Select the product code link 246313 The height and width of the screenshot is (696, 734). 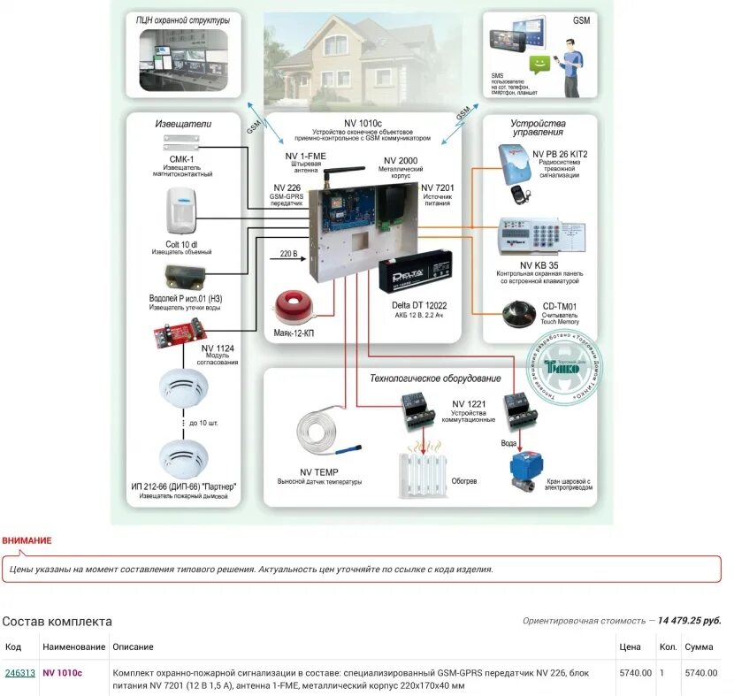click(x=20, y=673)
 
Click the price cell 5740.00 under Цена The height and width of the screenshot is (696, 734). click(x=635, y=673)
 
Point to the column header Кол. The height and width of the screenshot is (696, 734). click(x=668, y=647)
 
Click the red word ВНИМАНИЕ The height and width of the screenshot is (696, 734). click(x=27, y=540)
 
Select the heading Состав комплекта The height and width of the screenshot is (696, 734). click(x=57, y=621)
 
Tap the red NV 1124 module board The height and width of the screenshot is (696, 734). click(x=181, y=334)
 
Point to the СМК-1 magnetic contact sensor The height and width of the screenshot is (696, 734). click(x=184, y=141)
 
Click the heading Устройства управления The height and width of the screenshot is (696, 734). click(x=537, y=127)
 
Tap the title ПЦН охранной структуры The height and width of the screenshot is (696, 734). click(x=183, y=19)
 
